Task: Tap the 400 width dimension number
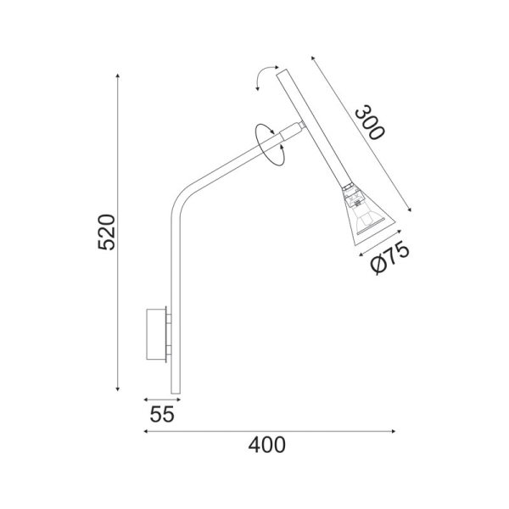click(266, 445)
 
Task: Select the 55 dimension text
click(161, 415)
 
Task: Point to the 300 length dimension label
click(369, 122)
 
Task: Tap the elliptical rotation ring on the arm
click(271, 145)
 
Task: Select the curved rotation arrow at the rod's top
click(266, 78)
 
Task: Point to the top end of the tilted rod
click(283, 75)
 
